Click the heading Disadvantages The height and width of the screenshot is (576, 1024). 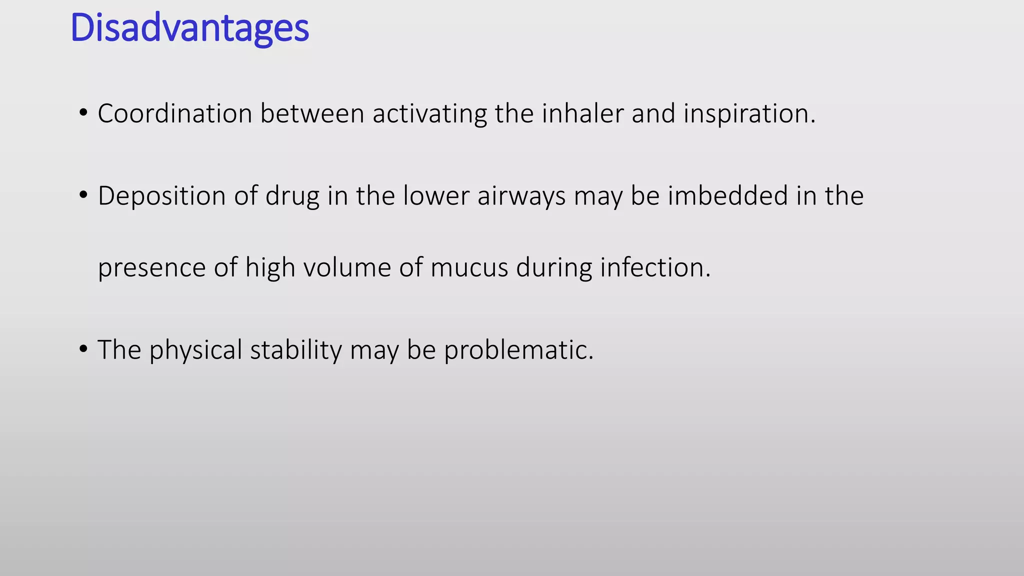[190, 28]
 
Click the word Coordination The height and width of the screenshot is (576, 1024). [174, 113]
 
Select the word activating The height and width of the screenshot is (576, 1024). [429, 113]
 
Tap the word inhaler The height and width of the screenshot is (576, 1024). [582, 113]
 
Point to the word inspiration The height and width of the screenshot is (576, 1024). [749, 113]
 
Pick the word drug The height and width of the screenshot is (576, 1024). [292, 196]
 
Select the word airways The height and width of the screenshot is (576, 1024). [521, 195]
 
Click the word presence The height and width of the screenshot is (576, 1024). [151, 267]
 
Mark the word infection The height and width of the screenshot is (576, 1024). [655, 267]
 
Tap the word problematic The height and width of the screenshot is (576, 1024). [518, 349]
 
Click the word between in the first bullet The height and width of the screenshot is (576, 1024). [312, 113]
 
